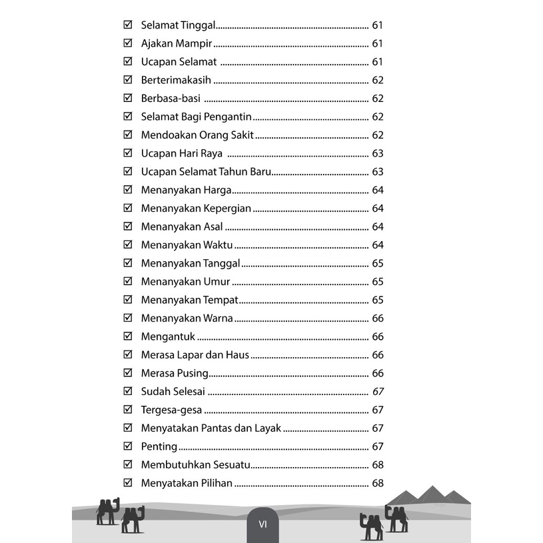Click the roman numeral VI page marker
263,524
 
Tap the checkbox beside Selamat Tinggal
128,26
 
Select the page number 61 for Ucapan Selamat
378,62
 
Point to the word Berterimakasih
176,80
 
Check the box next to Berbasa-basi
128,99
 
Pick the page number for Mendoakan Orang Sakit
378,135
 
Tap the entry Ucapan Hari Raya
182,153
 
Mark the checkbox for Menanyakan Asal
128,227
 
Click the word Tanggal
221,264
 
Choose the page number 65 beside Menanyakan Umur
378,282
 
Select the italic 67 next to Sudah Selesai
378,392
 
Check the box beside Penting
128,446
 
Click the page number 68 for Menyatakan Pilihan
378,483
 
